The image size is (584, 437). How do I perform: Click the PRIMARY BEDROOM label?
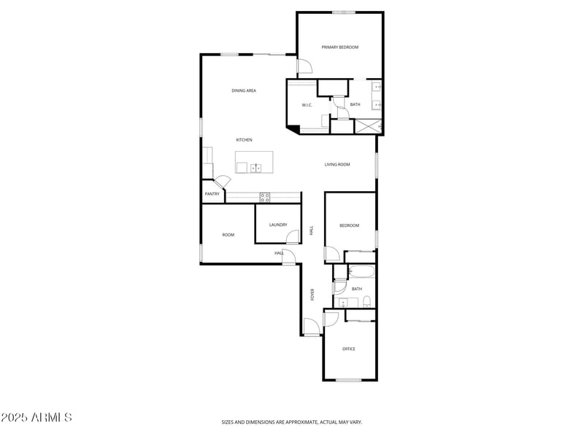pyautogui.click(x=340, y=47)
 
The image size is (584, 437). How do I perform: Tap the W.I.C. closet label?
pyautogui.click(x=307, y=105)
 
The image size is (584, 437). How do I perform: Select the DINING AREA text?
pyautogui.click(x=244, y=90)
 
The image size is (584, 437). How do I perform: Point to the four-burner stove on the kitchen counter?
pyautogui.click(x=265, y=196)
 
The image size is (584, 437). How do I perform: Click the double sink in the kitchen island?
pyautogui.click(x=256, y=168)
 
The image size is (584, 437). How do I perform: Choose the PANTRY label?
pyautogui.click(x=212, y=194)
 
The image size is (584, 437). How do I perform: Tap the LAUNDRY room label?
pyautogui.click(x=277, y=225)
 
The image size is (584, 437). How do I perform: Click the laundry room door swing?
pyautogui.click(x=293, y=236)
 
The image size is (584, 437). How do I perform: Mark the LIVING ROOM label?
pyautogui.click(x=337, y=165)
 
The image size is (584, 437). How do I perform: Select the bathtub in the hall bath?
pyautogui.click(x=361, y=273)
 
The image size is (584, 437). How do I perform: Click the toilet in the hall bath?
pyautogui.click(x=367, y=301)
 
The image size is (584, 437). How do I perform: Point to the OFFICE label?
pyautogui.click(x=349, y=349)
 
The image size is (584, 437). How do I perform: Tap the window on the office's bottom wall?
pyautogui.click(x=349, y=380)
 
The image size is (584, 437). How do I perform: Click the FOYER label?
pyautogui.click(x=312, y=295)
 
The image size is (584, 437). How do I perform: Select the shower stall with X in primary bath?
pyautogui.click(x=368, y=126)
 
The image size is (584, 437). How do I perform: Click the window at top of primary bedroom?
pyautogui.click(x=343, y=12)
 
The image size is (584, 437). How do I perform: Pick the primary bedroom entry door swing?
pyautogui.click(x=304, y=66)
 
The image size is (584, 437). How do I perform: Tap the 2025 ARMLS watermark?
pyautogui.click(x=36, y=417)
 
